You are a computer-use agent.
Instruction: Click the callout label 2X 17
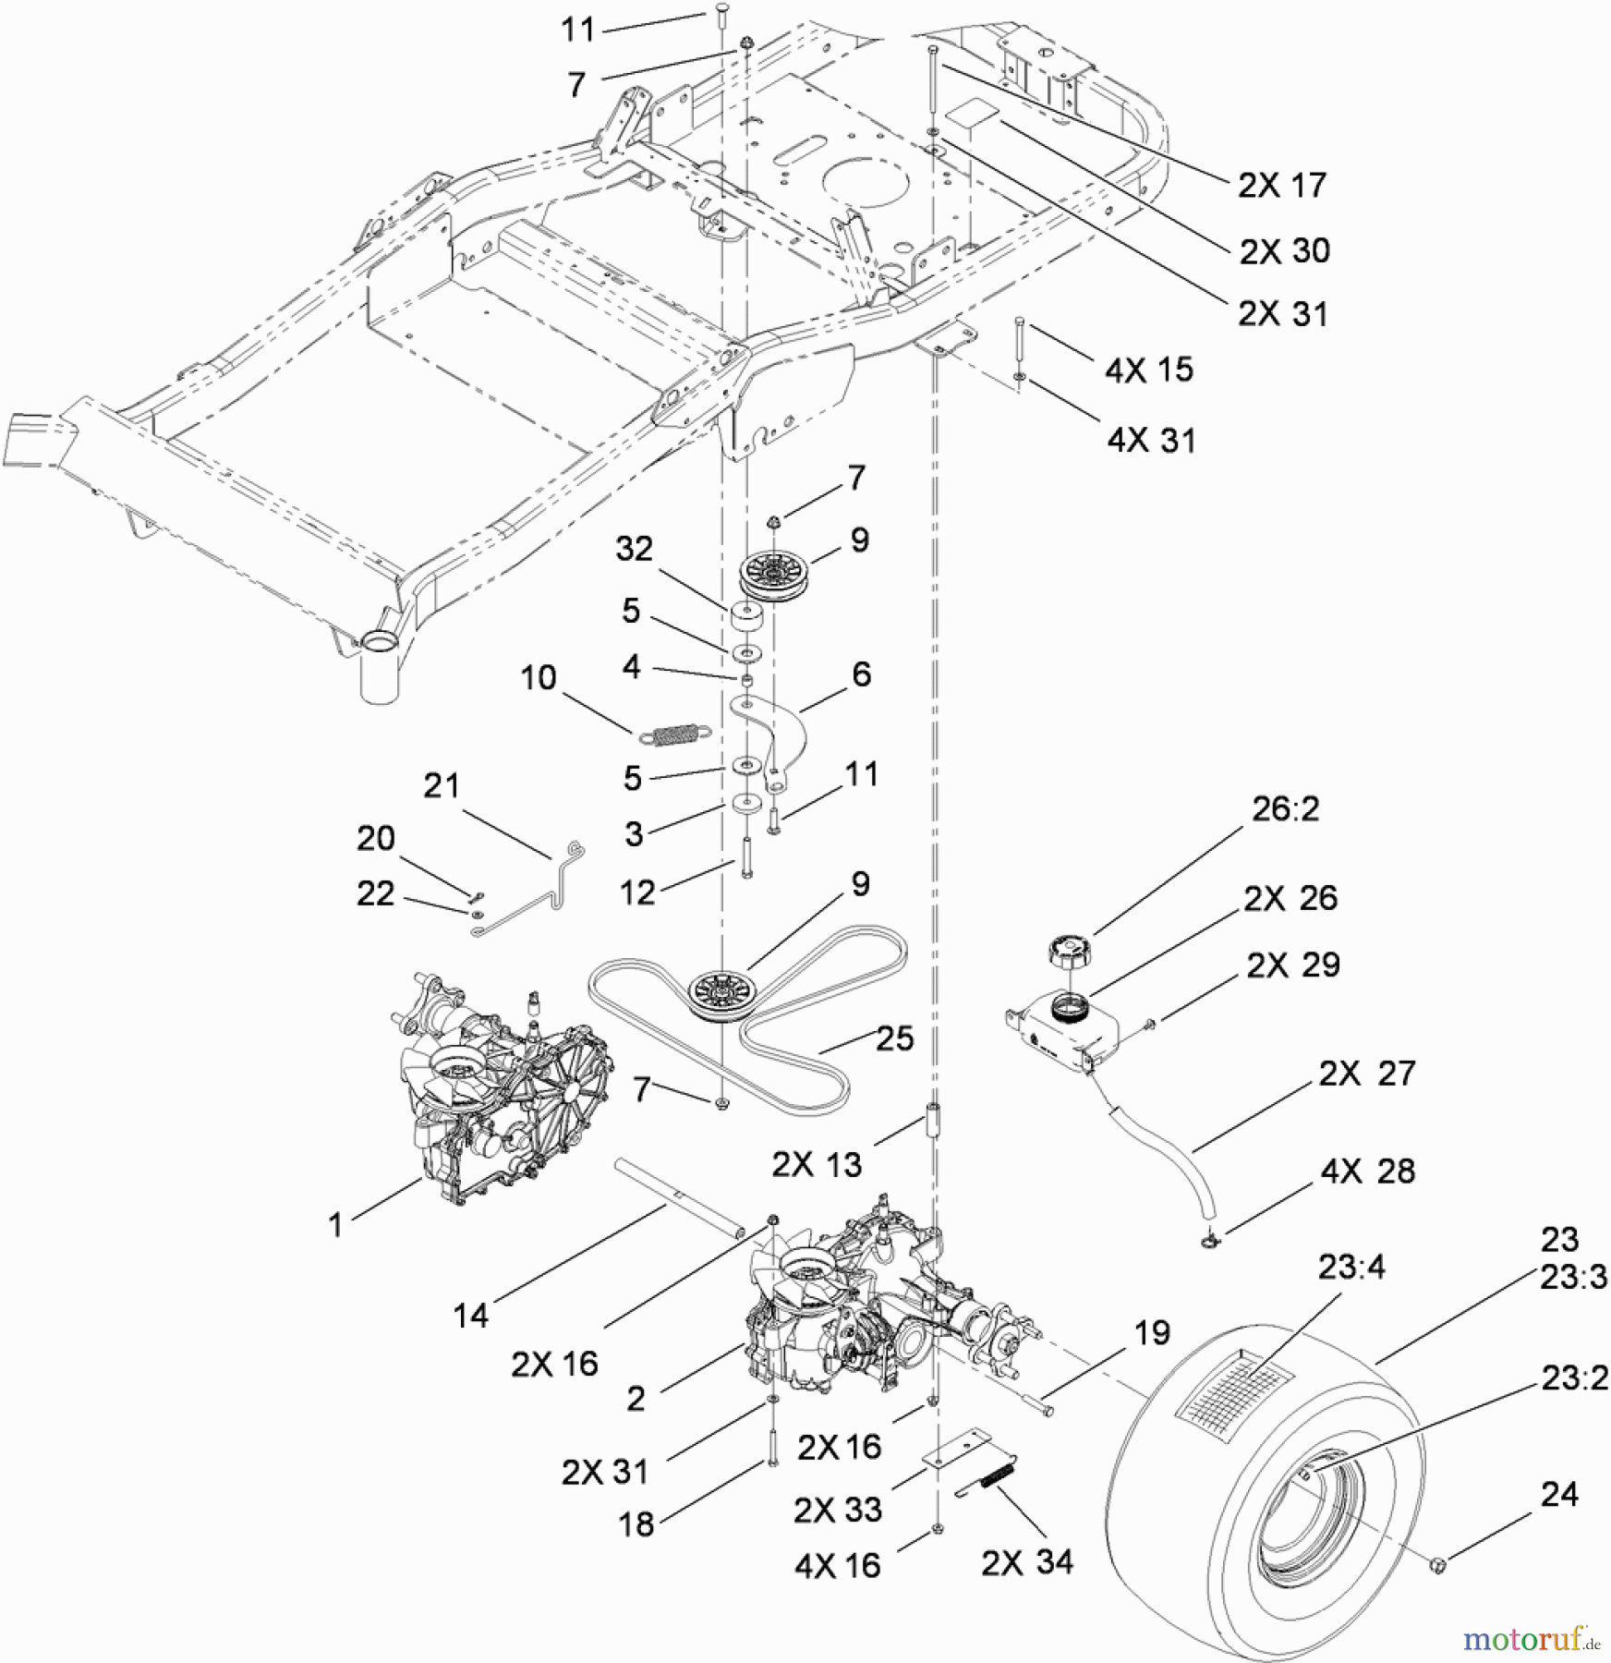click(1281, 186)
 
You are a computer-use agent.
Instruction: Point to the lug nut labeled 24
click(1437, 1563)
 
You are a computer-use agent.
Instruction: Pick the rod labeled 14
click(679, 1197)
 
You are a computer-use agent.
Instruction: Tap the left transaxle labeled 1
click(485, 1090)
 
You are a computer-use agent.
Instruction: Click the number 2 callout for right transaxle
click(636, 1398)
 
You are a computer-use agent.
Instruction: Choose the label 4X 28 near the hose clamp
click(1367, 1171)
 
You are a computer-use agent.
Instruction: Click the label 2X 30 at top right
click(1284, 250)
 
